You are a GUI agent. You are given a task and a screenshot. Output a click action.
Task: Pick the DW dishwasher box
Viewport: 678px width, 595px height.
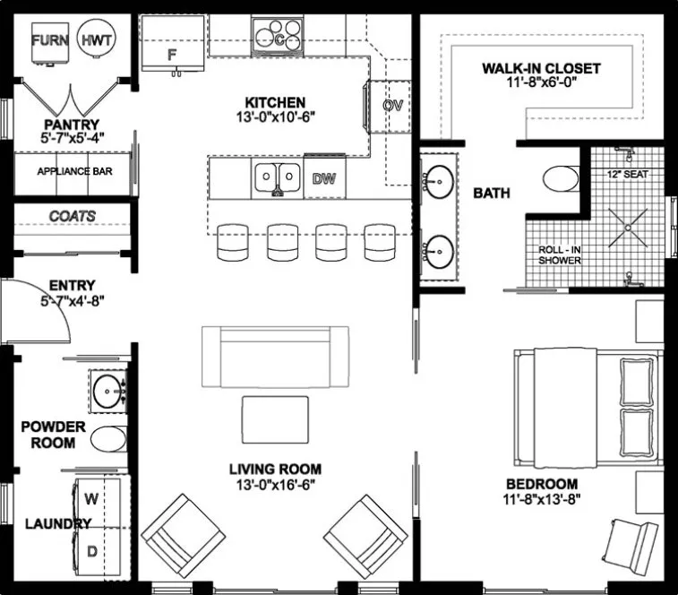323,178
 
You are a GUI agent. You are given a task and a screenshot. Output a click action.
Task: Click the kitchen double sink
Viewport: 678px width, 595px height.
277,178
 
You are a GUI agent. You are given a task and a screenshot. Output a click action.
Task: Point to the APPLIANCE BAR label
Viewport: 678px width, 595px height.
73,170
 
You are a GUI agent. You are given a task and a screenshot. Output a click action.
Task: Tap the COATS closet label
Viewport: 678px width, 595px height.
72,216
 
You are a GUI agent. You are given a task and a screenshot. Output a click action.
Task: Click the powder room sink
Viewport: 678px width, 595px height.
109,390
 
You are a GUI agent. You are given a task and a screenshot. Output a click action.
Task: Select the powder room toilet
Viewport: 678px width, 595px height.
109,439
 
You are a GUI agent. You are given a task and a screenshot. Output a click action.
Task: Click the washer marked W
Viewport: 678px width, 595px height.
91,496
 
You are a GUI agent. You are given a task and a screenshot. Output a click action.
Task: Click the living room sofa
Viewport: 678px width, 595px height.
275,356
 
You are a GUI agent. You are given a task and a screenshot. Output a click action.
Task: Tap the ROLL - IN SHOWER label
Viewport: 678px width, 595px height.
560,255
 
